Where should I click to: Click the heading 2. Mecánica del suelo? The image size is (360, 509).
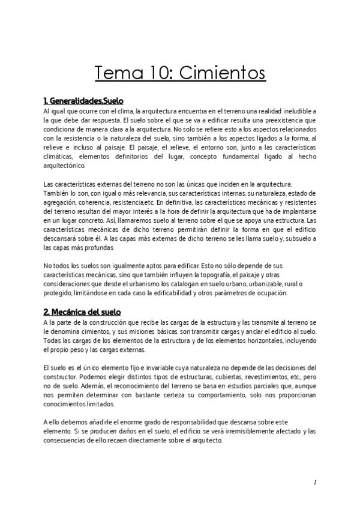pyautogui.click(x=82, y=313)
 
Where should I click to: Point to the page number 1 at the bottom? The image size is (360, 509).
pyautogui.click(x=314, y=482)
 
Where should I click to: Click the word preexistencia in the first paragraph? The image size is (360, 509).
pyautogui.click(x=283, y=120)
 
